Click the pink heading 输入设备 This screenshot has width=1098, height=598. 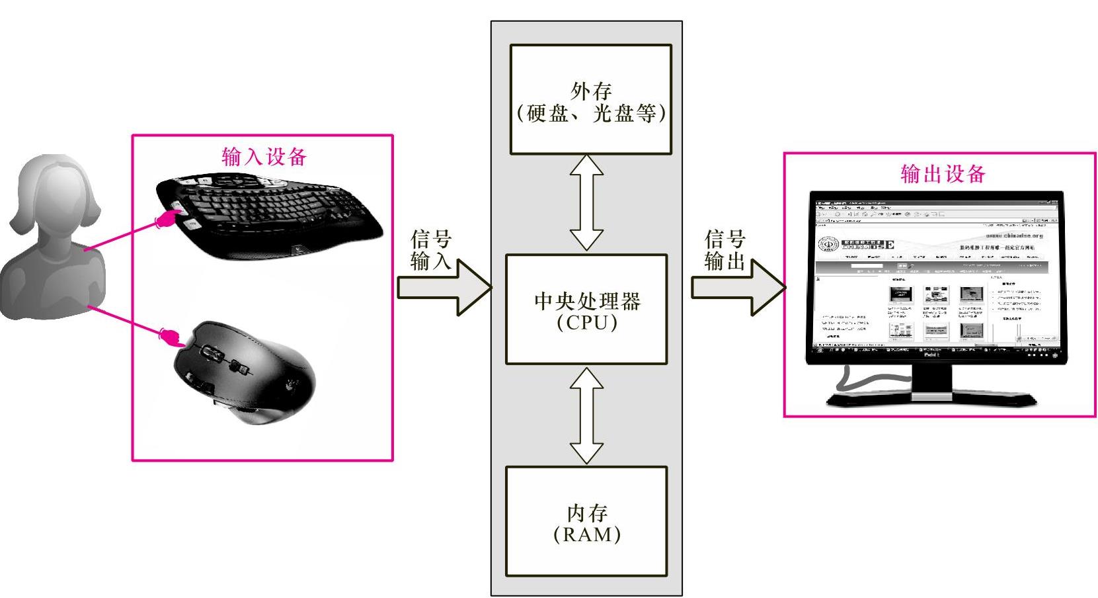pyautogui.click(x=264, y=157)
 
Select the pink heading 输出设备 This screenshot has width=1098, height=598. pyautogui.click(x=943, y=173)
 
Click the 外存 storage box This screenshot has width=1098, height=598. pyautogui.click(x=590, y=99)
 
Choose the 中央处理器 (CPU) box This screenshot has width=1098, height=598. pyautogui.click(x=586, y=309)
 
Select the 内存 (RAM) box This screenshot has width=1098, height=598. pyautogui.click(x=586, y=521)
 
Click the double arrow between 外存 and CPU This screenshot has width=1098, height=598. pyautogui.click(x=587, y=202)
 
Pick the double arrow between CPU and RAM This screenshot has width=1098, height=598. pyautogui.click(x=587, y=415)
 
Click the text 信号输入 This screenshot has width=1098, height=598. pyautogui.click(x=430, y=250)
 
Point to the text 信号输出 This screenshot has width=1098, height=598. pyautogui.click(x=725, y=250)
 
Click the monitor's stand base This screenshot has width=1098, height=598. pyautogui.click(x=932, y=399)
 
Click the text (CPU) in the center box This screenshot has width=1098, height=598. pyautogui.click(x=586, y=322)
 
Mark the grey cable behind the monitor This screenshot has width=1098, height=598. pyautogui.click(x=866, y=380)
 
